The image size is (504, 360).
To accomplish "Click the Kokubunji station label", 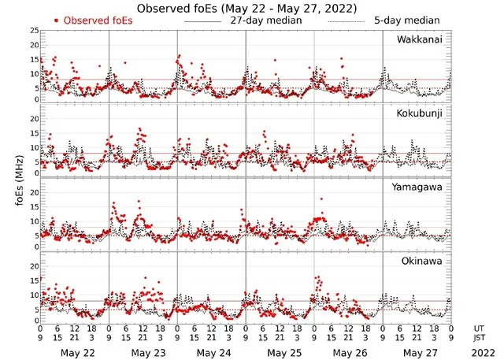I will [419, 113].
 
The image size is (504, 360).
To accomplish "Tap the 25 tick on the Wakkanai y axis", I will [33, 31].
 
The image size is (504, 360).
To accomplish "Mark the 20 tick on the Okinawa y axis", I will [33, 266].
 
